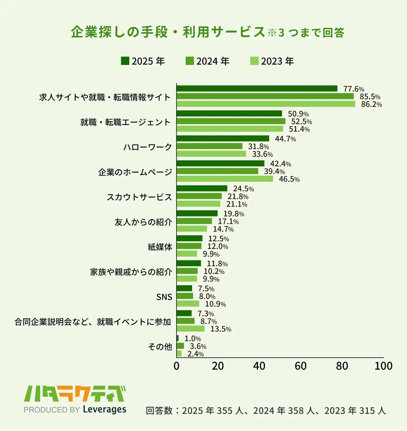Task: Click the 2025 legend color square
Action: [x=125, y=61]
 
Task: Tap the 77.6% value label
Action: [x=353, y=89]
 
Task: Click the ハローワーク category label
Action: [x=148, y=147]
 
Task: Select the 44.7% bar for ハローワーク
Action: [x=223, y=139]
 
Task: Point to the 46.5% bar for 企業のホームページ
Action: [x=225, y=179]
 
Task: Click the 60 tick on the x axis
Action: [x=300, y=366]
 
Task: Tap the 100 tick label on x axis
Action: [x=383, y=366]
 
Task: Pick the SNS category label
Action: [x=164, y=297]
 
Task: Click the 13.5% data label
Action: [x=221, y=329]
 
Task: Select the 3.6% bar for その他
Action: [x=180, y=346]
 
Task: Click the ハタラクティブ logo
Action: [x=75, y=394]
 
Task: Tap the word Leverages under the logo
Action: [x=105, y=409]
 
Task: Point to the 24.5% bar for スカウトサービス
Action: [x=202, y=188]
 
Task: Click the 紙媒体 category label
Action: [x=160, y=247]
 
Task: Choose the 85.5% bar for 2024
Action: [x=265, y=96]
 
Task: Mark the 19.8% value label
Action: [x=233, y=214]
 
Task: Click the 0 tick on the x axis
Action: [x=176, y=366]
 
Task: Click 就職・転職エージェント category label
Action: [x=125, y=122]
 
